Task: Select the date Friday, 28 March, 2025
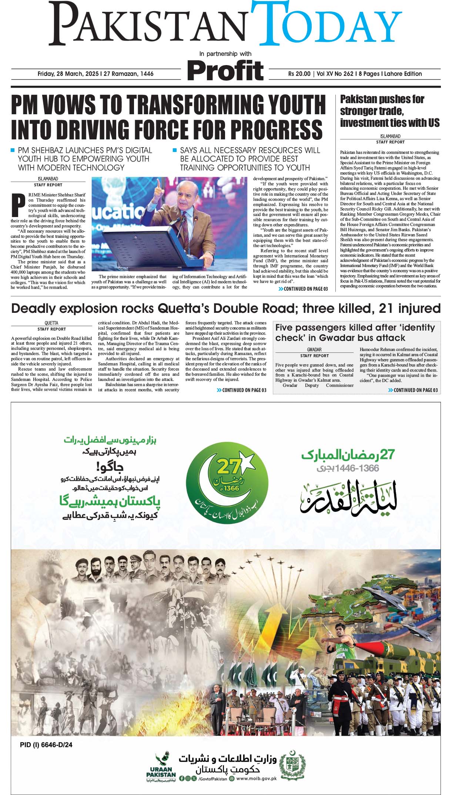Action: click(x=95, y=74)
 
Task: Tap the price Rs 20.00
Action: click(x=299, y=74)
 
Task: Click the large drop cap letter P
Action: click(x=16, y=204)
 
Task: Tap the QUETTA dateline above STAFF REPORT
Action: click(x=51, y=323)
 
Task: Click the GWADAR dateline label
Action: click(x=314, y=349)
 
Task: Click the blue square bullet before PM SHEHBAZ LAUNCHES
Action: click(x=13, y=150)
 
